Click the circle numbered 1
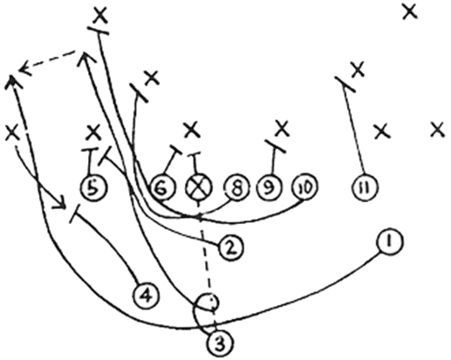click(390, 241)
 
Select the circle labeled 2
click(230, 248)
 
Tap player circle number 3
click(221, 343)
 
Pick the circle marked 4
click(146, 295)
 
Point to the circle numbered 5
click(93, 187)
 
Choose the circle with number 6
click(162, 187)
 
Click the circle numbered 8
click(236, 187)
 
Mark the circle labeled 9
click(270, 187)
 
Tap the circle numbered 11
click(365, 187)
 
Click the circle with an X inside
click(199, 187)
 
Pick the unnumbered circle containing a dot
click(208, 302)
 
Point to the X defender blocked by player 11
click(358, 69)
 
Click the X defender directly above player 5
click(93, 132)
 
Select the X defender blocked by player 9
click(282, 128)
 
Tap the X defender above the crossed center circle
click(192, 130)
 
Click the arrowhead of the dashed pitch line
click(24, 68)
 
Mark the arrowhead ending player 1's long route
click(11, 81)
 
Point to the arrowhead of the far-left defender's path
click(59, 203)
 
